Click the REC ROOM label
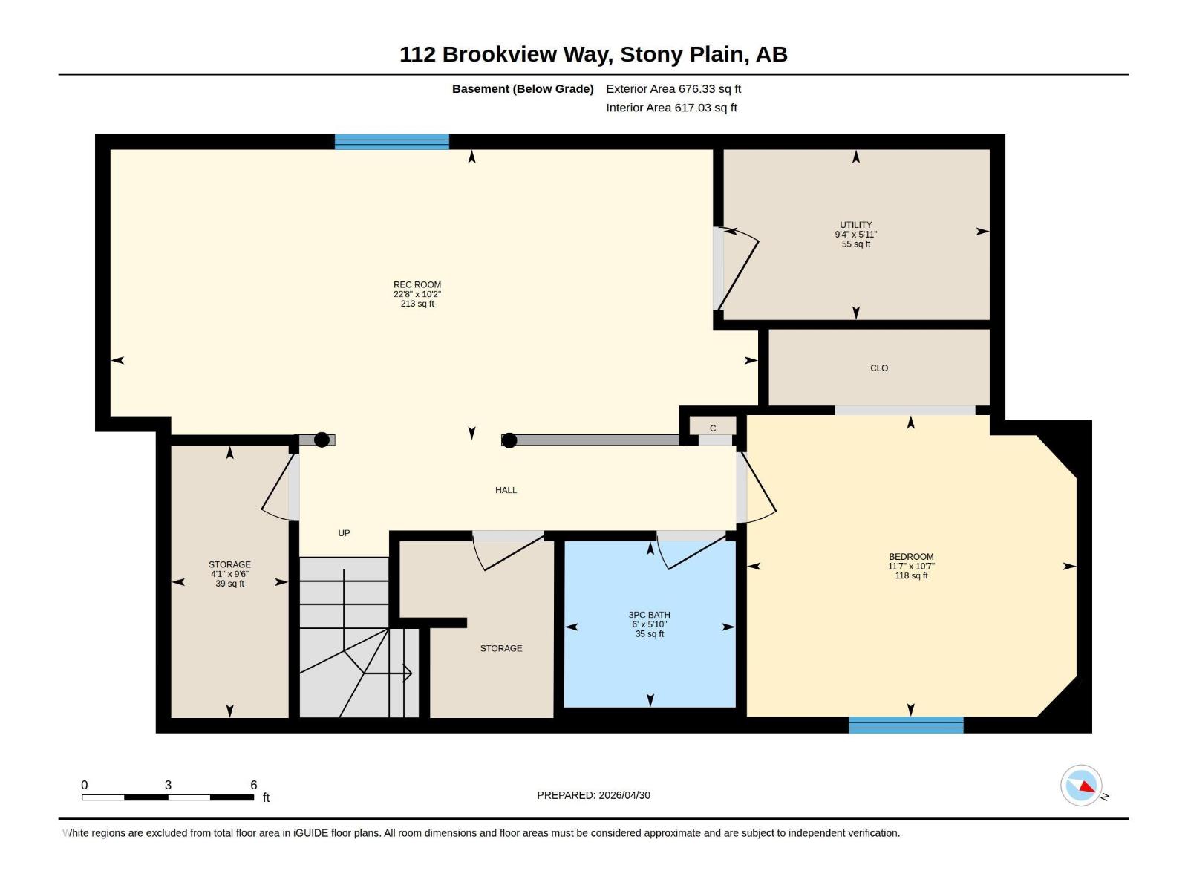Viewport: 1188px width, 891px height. pos(417,285)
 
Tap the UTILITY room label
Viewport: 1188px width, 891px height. pos(855,225)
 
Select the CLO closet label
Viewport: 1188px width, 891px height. pos(879,368)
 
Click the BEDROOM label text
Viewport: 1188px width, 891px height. pos(911,557)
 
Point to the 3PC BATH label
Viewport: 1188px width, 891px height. pos(650,615)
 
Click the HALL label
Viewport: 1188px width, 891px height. pos(506,490)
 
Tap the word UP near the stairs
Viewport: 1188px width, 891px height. pos(344,533)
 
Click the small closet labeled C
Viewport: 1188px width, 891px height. pos(713,428)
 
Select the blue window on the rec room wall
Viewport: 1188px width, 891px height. pos(391,142)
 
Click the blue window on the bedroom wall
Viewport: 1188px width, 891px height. pos(906,725)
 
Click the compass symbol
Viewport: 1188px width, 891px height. pos(1081,786)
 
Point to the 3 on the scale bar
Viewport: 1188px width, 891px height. pos(168,786)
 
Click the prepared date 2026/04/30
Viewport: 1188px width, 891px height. pos(624,795)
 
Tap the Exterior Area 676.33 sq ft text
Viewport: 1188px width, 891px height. pos(673,89)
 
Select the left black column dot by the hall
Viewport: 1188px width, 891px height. pos(322,440)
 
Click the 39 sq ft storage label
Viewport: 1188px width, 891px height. pos(229,584)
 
